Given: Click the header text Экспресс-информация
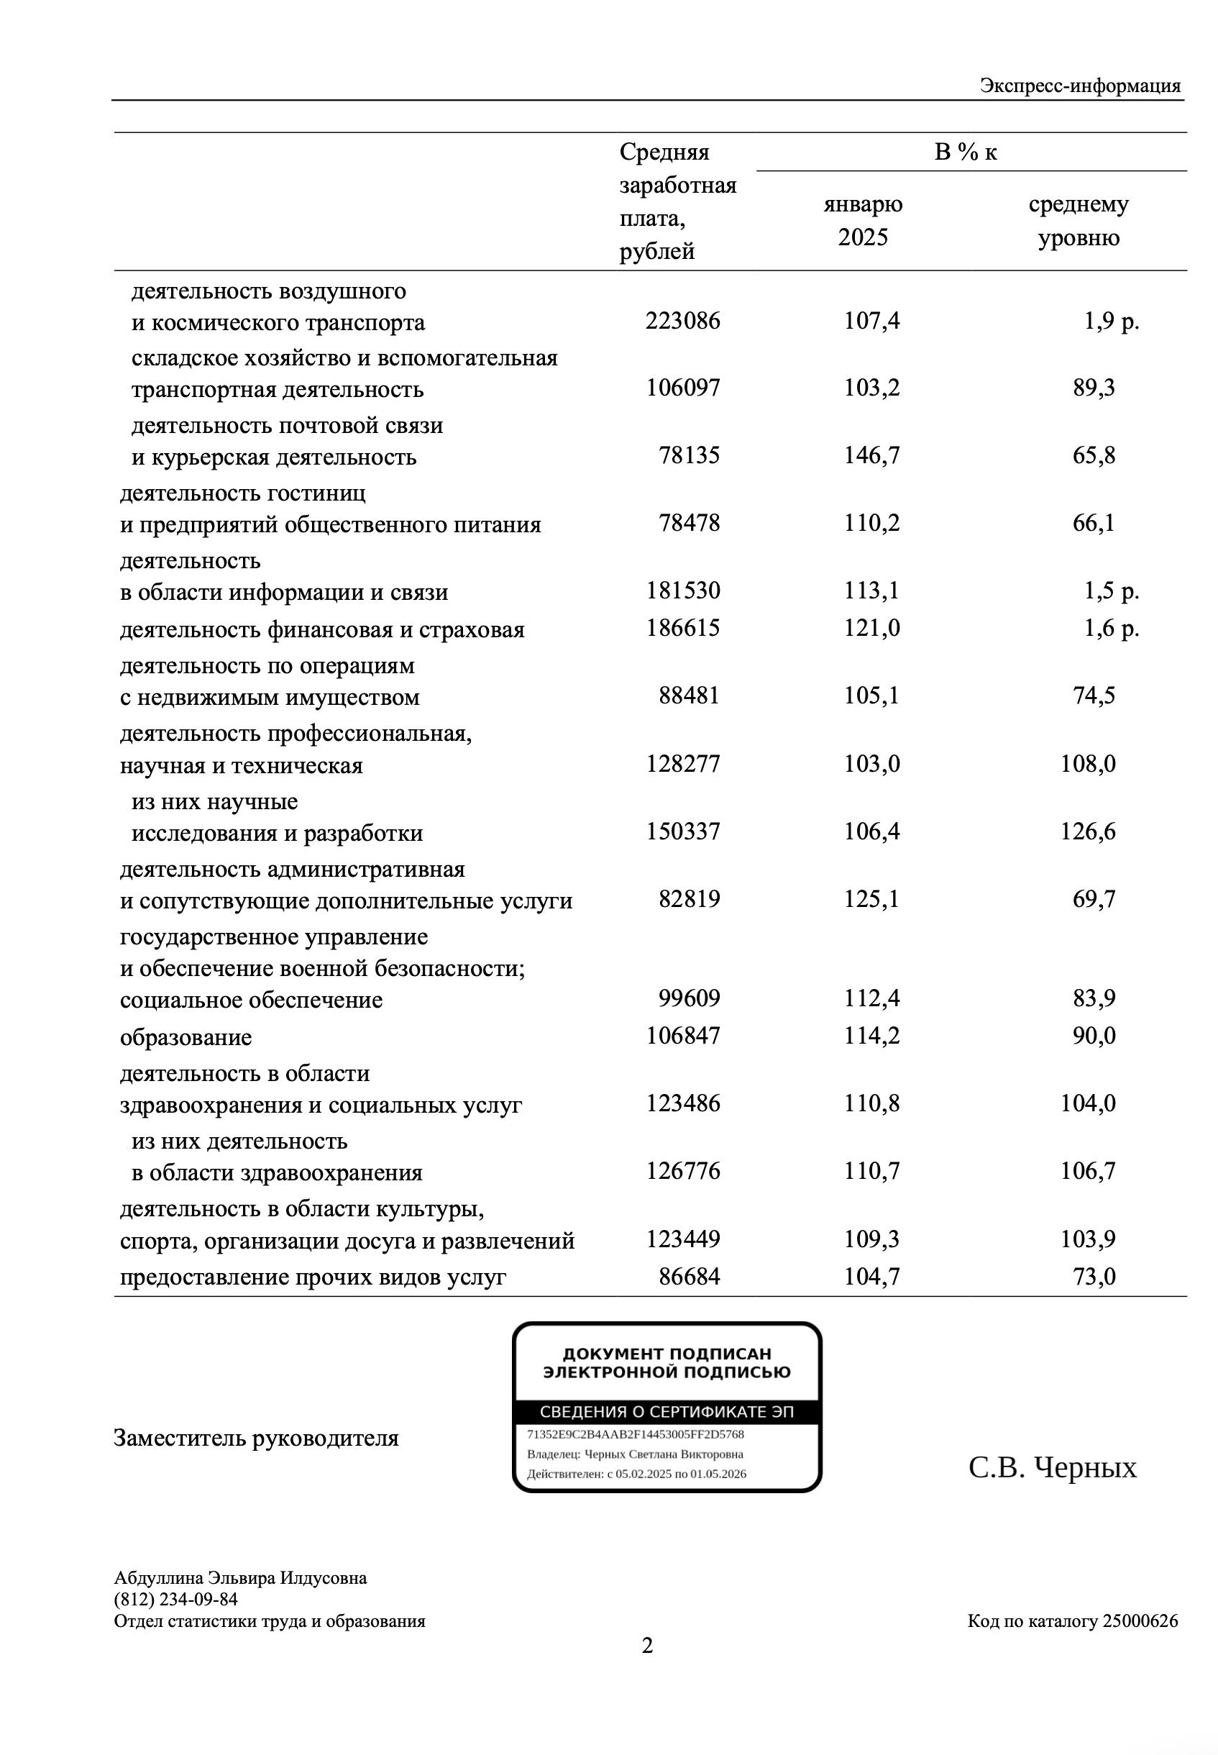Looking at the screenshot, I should tap(1080, 86).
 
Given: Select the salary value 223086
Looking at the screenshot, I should tap(682, 321).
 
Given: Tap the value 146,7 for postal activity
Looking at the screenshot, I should tap(871, 456).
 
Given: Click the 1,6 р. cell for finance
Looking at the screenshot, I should tap(1111, 628).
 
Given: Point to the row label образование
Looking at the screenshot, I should tap(186, 1037).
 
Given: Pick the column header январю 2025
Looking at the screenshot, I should tap(863, 221).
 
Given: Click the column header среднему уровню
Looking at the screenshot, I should tap(1079, 221).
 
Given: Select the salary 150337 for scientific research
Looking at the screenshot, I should tap(683, 831).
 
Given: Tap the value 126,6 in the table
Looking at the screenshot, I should tap(1087, 831).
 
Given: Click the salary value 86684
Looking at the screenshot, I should tap(689, 1277).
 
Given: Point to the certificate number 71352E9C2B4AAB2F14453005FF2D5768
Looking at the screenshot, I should tap(635, 1434).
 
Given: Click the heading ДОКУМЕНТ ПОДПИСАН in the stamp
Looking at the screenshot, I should tap(667, 1354).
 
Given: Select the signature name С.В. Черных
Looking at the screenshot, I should tap(1053, 1467).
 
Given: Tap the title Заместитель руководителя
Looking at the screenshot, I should tap(257, 1439).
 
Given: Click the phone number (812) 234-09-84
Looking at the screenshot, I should tap(175, 1599).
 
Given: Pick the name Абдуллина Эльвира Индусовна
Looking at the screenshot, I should tap(240, 1578).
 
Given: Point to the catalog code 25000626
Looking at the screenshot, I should tap(1140, 1620).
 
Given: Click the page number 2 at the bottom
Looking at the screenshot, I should tap(647, 1646).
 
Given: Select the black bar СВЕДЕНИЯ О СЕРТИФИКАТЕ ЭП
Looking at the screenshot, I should tap(667, 1412).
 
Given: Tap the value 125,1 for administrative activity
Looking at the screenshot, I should tap(871, 899).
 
